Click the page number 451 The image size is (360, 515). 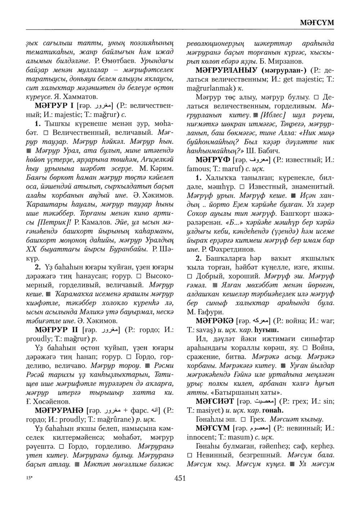[180, 478]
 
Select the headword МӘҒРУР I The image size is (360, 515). [54, 106]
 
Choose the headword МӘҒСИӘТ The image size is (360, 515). [214, 401]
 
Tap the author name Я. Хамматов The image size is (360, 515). [81, 97]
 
